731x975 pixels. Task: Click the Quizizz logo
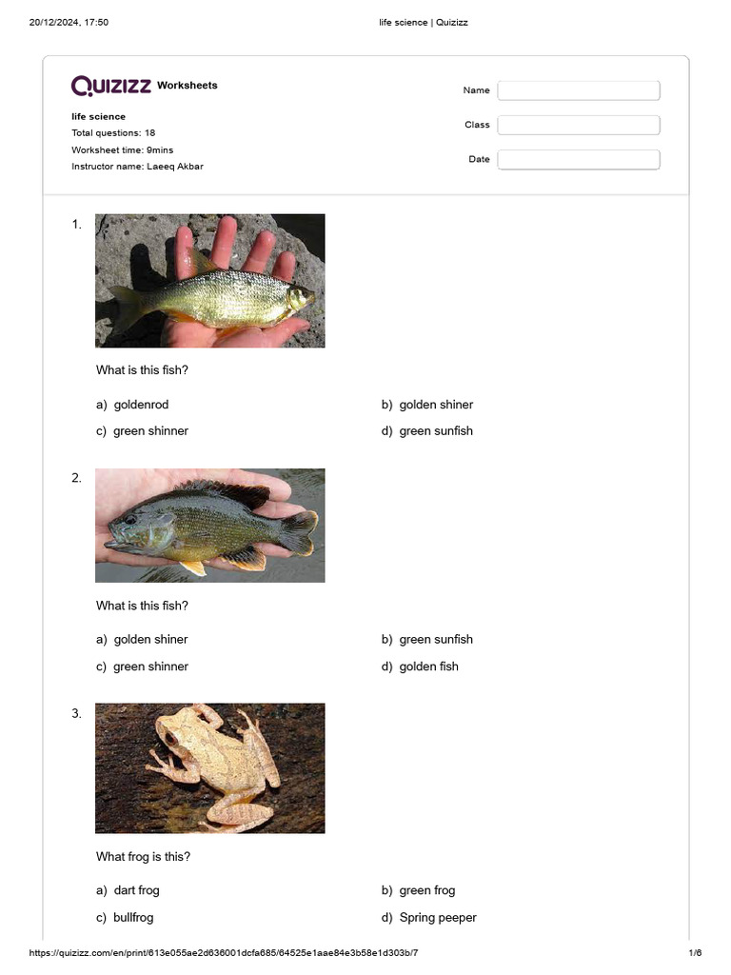point(111,86)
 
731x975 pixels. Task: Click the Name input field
point(578,90)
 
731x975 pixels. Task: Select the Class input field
point(578,125)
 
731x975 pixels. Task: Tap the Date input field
point(578,159)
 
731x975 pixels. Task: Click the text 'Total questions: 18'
point(113,133)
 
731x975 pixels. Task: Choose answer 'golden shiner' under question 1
point(435,405)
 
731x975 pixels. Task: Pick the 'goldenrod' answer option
point(140,405)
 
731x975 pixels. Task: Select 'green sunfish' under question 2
point(435,640)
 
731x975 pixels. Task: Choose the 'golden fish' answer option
point(428,667)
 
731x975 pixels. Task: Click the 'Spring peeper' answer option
point(437,918)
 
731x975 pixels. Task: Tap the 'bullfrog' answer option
point(132,918)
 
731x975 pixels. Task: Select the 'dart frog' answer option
point(136,890)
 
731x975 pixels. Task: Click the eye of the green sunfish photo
point(129,520)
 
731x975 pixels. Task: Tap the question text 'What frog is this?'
point(143,857)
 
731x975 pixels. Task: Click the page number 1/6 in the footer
point(695,953)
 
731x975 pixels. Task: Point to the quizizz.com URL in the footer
point(224,953)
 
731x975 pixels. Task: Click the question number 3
point(76,713)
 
